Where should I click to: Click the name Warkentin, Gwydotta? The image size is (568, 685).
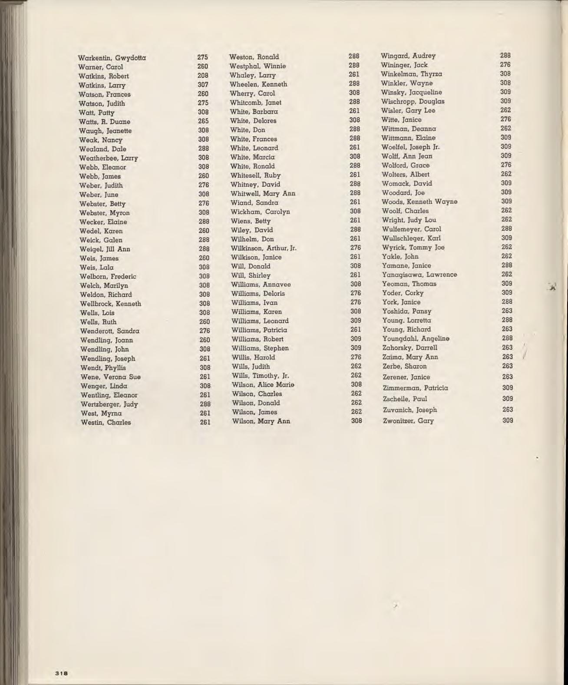(112, 58)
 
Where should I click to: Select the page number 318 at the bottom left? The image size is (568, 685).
(62, 673)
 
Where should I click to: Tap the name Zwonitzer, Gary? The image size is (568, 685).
(408, 421)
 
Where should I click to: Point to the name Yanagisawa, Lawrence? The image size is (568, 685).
(419, 275)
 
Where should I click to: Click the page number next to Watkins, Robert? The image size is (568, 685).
(203, 76)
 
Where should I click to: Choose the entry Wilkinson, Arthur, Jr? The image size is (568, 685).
(264, 248)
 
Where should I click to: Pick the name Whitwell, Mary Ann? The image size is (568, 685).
(263, 193)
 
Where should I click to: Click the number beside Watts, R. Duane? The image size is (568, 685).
(203, 121)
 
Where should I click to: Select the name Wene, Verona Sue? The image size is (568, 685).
(110, 377)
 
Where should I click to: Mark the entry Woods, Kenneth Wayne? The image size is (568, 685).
(419, 202)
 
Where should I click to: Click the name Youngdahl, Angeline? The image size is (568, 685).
(416, 338)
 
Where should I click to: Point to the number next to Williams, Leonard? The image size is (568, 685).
(356, 321)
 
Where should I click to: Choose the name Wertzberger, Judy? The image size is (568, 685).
(109, 404)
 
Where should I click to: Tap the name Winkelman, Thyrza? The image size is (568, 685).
(411, 74)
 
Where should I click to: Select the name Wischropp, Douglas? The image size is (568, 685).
(413, 101)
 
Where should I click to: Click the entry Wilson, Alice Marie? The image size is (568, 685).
(263, 385)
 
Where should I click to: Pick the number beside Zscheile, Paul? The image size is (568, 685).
(508, 398)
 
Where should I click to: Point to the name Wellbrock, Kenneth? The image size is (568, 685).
(110, 304)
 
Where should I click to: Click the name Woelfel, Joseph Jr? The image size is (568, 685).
(410, 147)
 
